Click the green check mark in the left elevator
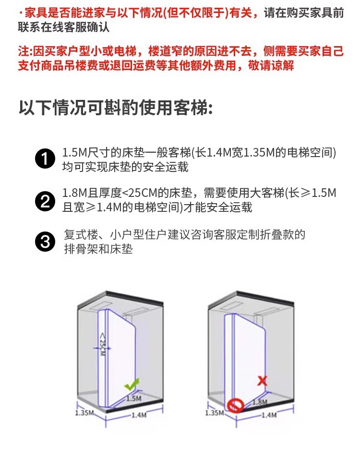pyautogui.click(x=131, y=384)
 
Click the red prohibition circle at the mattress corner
pyautogui.click(x=235, y=406)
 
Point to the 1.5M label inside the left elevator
pyautogui.click(x=133, y=399)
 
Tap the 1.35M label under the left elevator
pyautogui.click(x=84, y=413)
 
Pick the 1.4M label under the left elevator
pyautogui.click(x=138, y=415)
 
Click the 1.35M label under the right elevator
pyautogui.click(x=214, y=413)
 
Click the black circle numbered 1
pyautogui.click(x=46, y=159)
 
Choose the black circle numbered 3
pyautogui.click(x=46, y=242)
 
